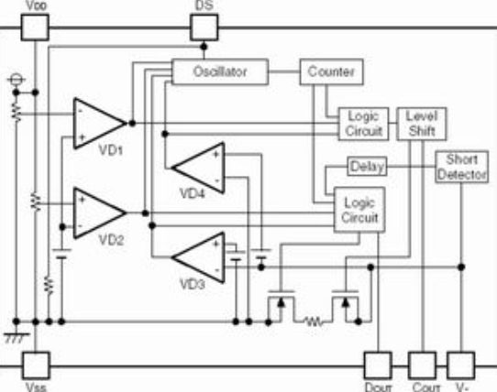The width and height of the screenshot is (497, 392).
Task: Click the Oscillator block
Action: tap(220, 71)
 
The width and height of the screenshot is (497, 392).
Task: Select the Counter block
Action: tap(332, 71)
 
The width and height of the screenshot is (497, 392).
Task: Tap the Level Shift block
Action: tap(422, 124)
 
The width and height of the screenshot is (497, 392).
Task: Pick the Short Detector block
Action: tap(462, 167)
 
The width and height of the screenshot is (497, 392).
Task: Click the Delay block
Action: tap(368, 167)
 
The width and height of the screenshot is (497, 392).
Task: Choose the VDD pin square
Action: tap(35, 27)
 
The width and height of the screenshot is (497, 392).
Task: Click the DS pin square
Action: tap(204, 27)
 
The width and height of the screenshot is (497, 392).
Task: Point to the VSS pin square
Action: tap(36, 365)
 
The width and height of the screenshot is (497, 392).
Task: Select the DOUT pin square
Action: tap(378, 365)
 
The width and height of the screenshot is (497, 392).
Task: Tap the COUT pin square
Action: tap(422, 365)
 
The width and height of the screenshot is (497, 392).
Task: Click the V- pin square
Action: tap(461, 365)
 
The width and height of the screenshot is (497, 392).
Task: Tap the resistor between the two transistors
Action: tap(314, 322)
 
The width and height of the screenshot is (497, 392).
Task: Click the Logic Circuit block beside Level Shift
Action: tap(363, 124)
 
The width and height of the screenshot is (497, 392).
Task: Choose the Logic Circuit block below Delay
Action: tap(359, 210)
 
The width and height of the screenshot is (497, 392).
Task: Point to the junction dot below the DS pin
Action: tap(204, 47)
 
